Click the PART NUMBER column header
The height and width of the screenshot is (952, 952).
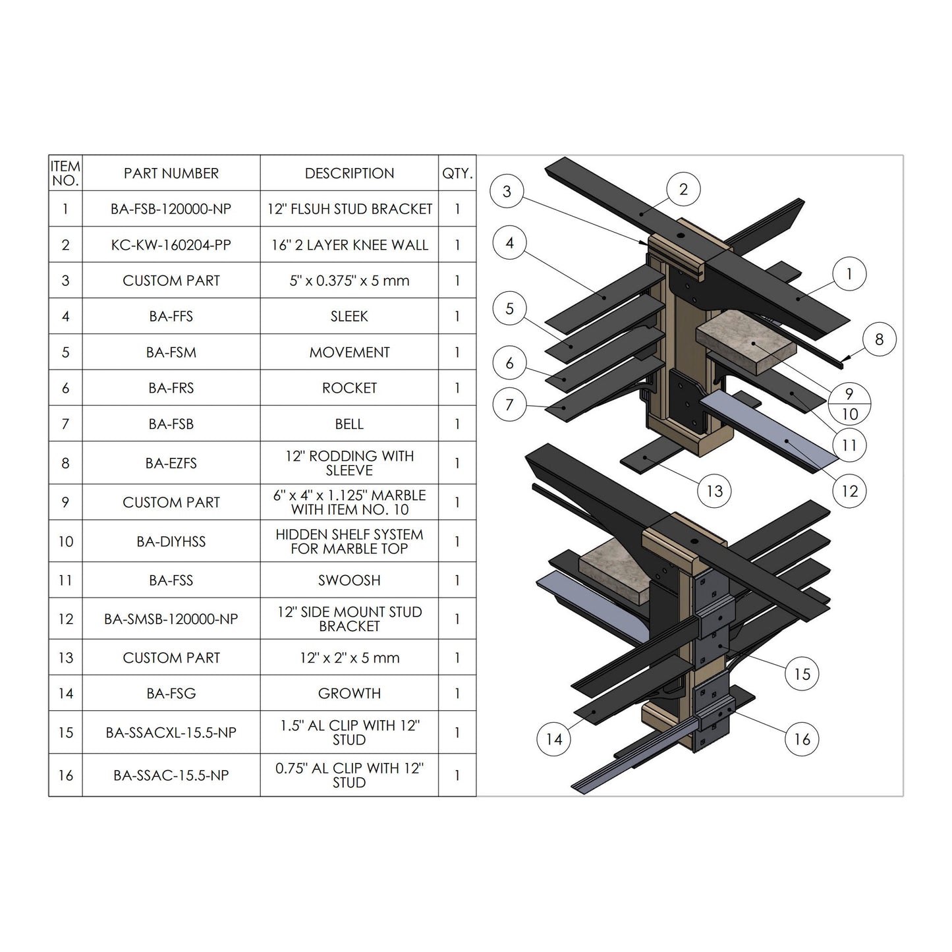pos(171,173)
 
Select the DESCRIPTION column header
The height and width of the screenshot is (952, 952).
pos(349,173)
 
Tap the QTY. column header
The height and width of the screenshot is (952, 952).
pos(457,173)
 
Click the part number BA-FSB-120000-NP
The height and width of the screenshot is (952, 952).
pos(171,209)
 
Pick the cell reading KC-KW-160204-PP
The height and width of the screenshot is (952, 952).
pos(171,245)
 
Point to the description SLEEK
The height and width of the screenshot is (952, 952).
pos(349,316)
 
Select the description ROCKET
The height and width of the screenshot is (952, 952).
pos(349,388)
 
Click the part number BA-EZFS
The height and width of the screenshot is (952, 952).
pos(171,463)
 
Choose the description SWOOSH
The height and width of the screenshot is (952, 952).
pos(349,580)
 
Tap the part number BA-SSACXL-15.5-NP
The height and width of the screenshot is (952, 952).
pos(171,732)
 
